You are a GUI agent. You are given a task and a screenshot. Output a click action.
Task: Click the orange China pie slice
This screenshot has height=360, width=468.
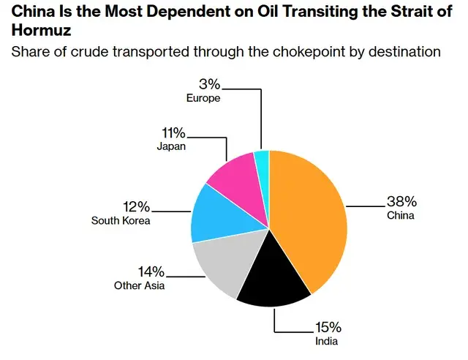click(307, 220)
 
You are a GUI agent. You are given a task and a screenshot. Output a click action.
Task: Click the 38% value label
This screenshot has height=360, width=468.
click(401, 202)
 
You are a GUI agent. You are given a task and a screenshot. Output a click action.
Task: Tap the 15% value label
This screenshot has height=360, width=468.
click(328, 327)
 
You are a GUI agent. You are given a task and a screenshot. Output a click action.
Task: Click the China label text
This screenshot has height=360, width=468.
click(401, 216)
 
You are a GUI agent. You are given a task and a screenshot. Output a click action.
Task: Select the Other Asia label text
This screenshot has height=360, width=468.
click(139, 285)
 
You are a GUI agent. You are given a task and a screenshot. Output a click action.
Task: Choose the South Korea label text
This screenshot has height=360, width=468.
click(121, 220)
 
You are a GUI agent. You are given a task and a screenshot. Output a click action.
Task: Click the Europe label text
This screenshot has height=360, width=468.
click(203, 97)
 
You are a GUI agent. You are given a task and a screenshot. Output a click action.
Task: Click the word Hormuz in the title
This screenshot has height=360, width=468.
click(41, 31)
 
